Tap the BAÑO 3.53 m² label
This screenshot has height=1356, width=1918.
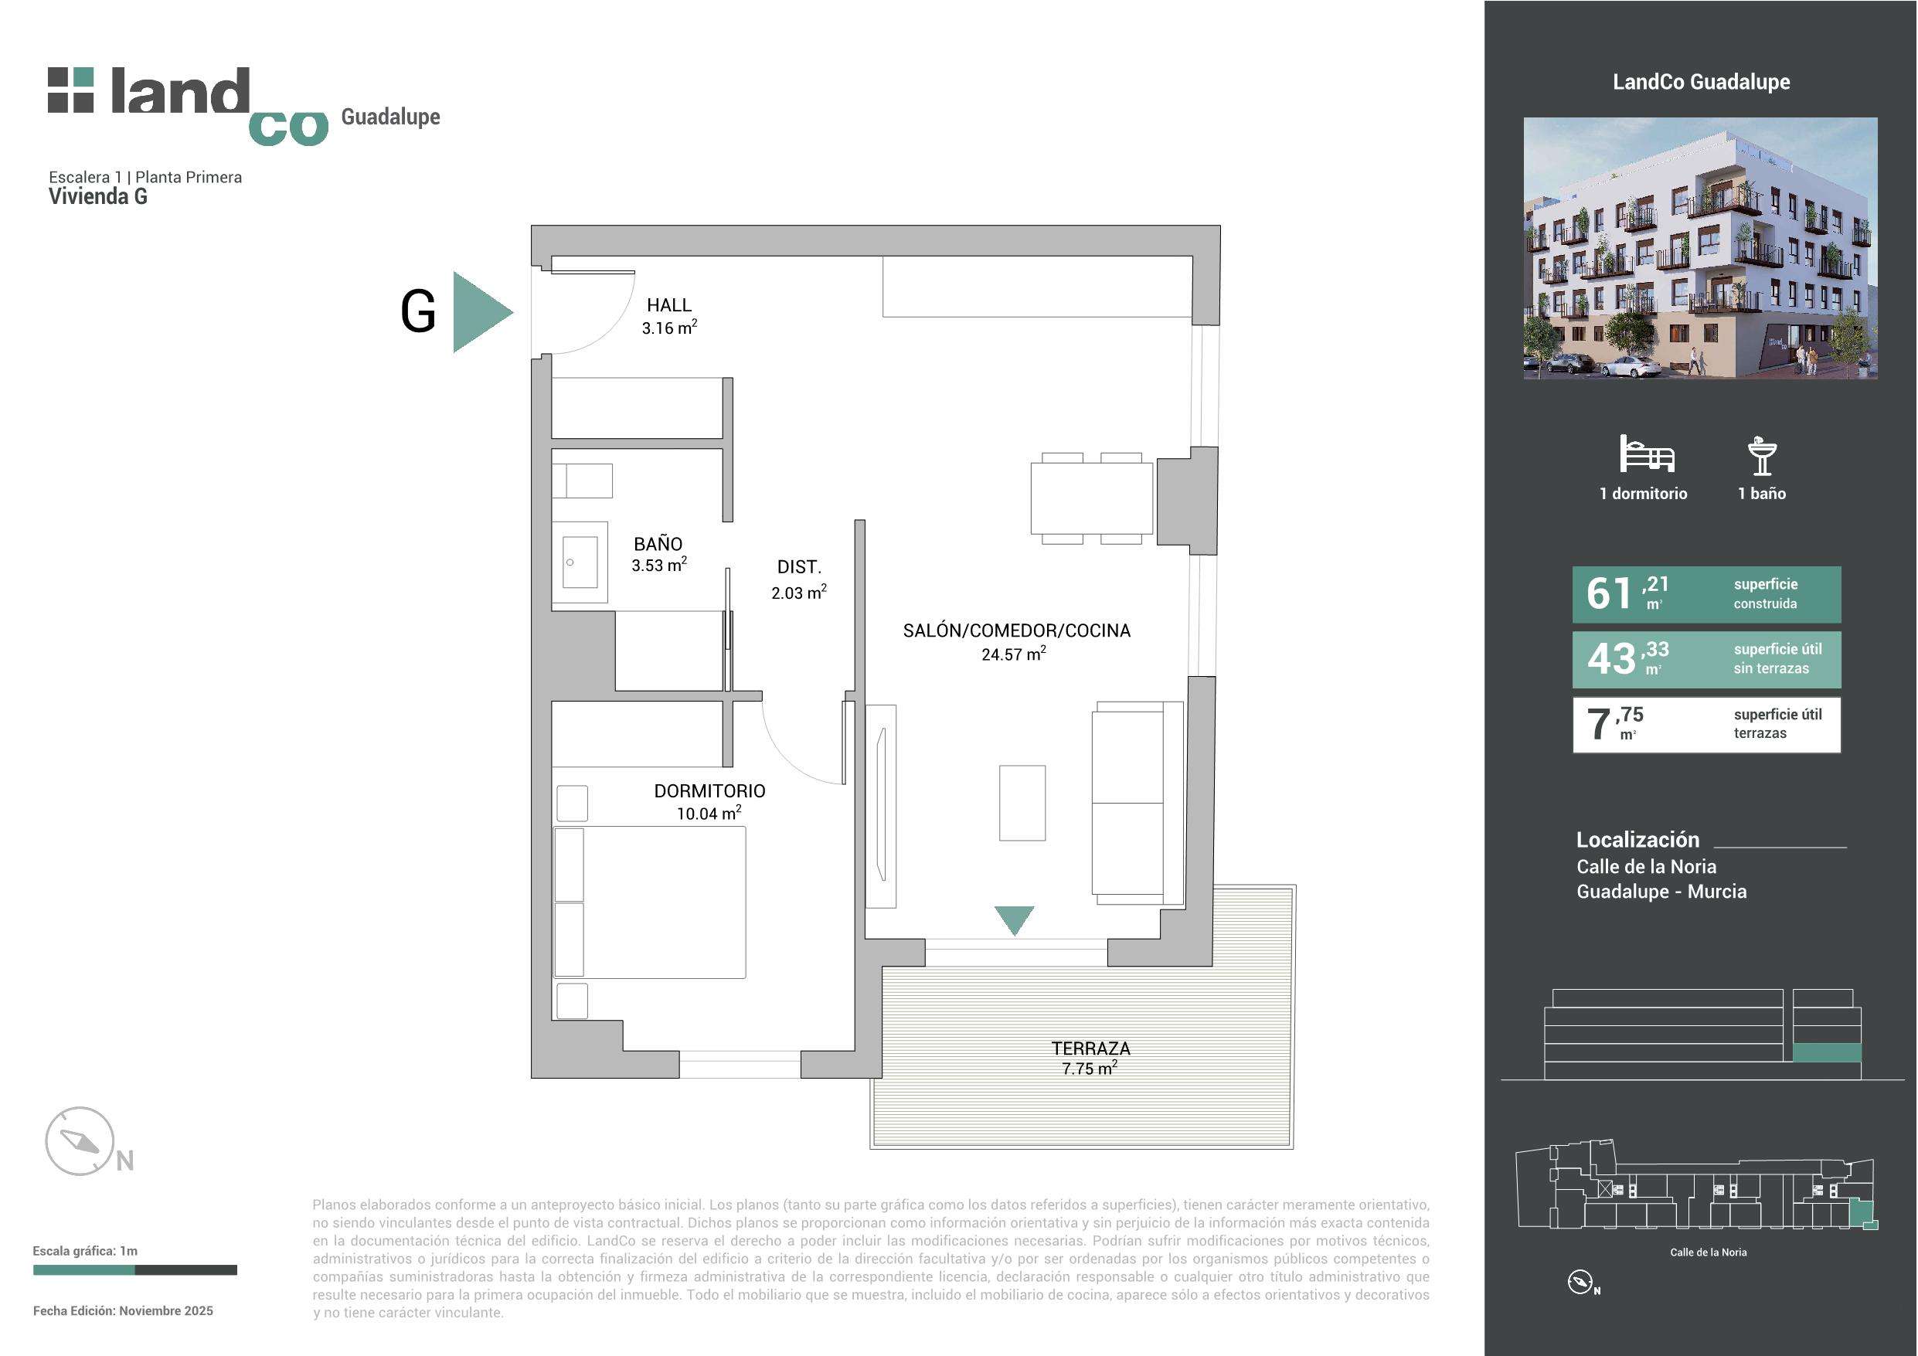(658, 554)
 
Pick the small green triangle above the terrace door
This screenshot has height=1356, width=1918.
(1014, 919)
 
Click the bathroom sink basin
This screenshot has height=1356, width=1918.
(580, 562)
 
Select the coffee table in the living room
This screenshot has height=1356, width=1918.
(1022, 803)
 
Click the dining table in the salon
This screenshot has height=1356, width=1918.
(1091, 498)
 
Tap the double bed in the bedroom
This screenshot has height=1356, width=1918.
(649, 902)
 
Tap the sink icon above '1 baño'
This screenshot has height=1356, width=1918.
(1762, 456)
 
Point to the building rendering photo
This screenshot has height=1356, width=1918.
(1700, 248)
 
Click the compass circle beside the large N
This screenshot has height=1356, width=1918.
(80, 1140)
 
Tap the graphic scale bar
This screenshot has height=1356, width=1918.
(134, 1270)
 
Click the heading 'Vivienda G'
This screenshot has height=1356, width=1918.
(97, 196)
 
